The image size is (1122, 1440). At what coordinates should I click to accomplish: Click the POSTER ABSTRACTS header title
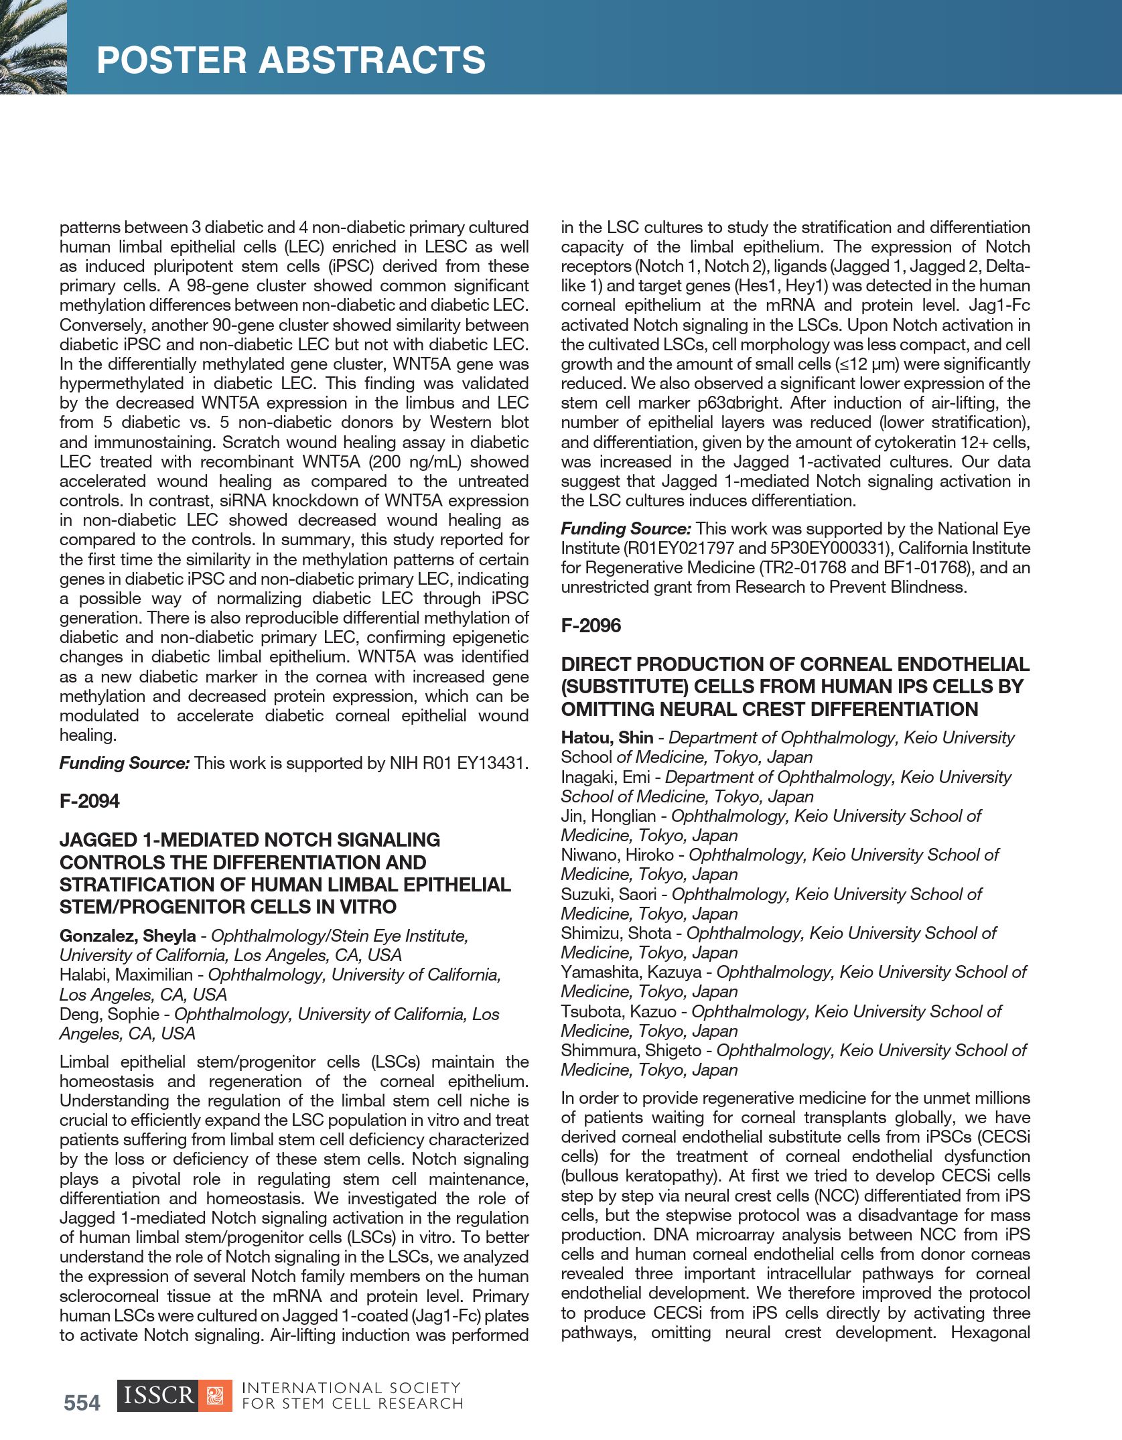point(291,60)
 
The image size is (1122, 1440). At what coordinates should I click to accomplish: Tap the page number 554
point(82,1402)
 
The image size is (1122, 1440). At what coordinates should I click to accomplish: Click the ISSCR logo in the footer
point(174,1395)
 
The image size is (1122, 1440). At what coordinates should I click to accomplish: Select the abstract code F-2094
point(89,801)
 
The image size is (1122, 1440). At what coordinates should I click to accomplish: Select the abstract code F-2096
point(591,626)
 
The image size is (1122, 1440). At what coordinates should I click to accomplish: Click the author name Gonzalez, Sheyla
point(127,936)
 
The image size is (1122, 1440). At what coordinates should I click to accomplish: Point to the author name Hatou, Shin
point(607,737)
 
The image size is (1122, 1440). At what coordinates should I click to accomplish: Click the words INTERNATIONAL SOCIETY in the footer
point(350,1388)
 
